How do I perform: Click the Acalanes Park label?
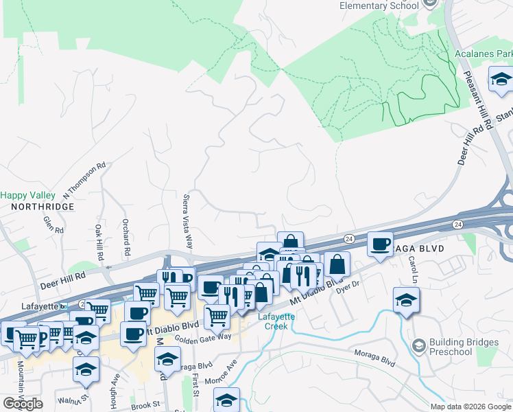click(x=483, y=54)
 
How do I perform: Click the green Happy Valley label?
click(x=27, y=195)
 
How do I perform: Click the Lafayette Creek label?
click(x=276, y=321)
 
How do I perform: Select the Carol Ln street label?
click(x=414, y=270)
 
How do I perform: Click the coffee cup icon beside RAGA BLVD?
click(x=380, y=244)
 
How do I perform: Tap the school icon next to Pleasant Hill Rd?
click(x=501, y=78)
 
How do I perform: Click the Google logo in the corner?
click(x=23, y=404)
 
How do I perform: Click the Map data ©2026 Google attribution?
click(x=470, y=407)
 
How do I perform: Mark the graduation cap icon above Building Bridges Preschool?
click(x=406, y=299)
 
